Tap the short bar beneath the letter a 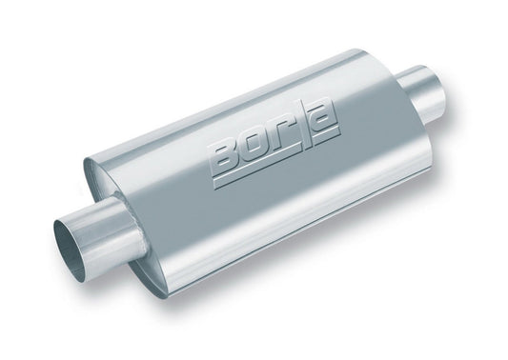[x=328, y=136]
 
